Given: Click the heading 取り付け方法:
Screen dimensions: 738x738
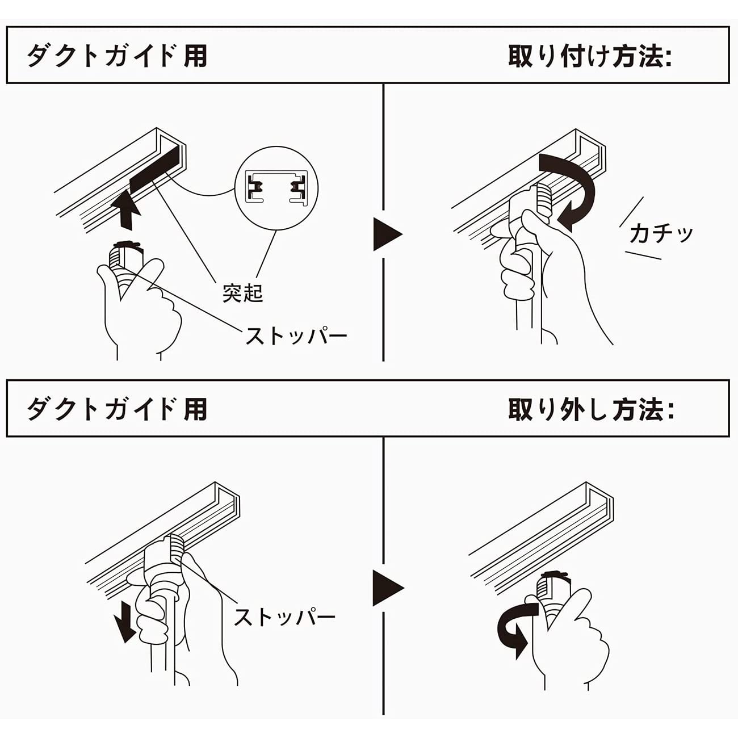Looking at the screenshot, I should pyautogui.click(x=589, y=56).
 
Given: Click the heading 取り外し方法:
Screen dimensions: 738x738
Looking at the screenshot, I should pyautogui.click(x=590, y=409).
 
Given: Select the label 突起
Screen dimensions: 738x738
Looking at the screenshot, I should pyautogui.click(x=242, y=293).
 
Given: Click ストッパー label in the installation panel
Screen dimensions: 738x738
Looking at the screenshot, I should pyautogui.click(x=296, y=336).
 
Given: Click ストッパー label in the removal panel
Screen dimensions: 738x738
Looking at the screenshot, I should pyautogui.click(x=284, y=617).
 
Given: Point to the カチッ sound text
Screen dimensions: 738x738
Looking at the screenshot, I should pyautogui.click(x=661, y=233).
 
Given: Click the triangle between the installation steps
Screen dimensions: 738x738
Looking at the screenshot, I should pyautogui.click(x=387, y=233).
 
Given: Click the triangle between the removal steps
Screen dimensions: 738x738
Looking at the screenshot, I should pyautogui.click(x=387, y=588).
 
